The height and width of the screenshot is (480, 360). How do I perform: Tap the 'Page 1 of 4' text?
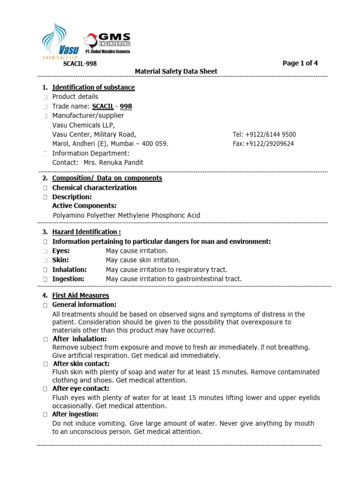coord(300,63)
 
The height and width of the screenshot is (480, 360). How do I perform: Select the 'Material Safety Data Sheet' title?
coord(176,71)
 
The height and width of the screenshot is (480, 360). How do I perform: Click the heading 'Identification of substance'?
coord(93,87)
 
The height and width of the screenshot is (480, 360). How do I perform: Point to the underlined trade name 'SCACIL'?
coord(103,106)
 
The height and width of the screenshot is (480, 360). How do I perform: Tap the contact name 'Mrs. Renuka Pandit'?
coord(113,163)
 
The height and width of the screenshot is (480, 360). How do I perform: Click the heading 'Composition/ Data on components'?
coord(107,178)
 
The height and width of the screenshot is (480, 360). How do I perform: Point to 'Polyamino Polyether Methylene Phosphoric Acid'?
coord(126,216)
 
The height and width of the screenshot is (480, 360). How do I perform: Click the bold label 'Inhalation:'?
coord(69,270)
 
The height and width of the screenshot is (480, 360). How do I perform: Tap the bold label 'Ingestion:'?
coord(68,279)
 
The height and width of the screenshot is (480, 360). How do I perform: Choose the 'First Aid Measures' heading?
coord(80,295)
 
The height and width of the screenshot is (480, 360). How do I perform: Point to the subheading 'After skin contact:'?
coord(81,364)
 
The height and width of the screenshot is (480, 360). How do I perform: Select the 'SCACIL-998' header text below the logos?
coord(80,64)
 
